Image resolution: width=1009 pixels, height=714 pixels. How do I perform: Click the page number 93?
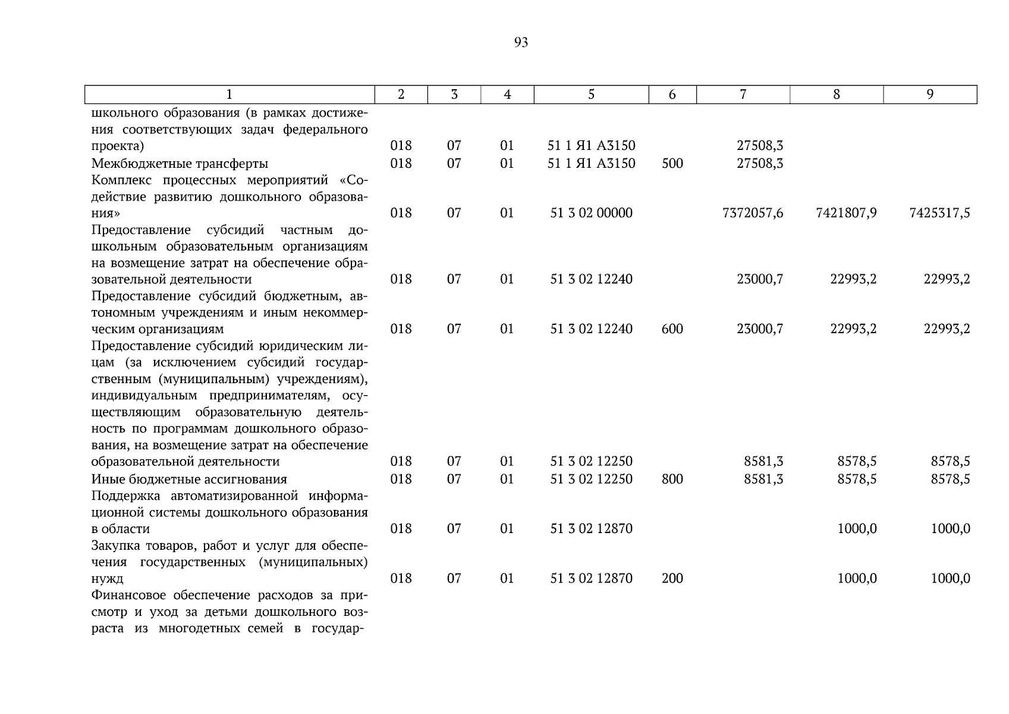(x=521, y=42)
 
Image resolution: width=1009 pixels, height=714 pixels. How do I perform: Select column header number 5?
(x=591, y=95)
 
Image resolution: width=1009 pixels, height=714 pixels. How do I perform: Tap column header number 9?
(x=930, y=95)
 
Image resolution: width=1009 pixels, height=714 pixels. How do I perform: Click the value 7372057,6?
(x=752, y=213)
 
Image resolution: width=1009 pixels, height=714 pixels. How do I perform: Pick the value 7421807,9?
(x=846, y=213)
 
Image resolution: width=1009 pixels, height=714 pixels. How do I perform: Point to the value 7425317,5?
(x=939, y=213)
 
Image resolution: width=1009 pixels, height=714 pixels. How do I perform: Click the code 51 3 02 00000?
(x=591, y=213)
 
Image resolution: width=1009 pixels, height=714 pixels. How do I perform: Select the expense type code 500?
(x=672, y=163)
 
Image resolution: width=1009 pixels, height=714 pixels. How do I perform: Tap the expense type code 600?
(x=672, y=329)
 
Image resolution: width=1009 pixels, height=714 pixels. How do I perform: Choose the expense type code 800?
(x=672, y=479)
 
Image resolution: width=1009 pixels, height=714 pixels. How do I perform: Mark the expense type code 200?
(x=672, y=578)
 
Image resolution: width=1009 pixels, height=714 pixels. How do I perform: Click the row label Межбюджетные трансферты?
(x=180, y=164)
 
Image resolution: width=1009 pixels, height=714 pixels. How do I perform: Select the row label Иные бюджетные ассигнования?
(x=189, y=480)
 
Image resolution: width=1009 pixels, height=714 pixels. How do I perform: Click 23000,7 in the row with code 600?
(x=760, y=329)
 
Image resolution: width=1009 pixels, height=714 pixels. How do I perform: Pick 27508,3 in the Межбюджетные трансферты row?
(x=760, y=163)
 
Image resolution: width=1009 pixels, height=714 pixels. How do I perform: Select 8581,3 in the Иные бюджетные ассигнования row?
(x=763, y=479)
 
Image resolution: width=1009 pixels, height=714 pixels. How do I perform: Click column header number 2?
(x=401, y=95)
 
